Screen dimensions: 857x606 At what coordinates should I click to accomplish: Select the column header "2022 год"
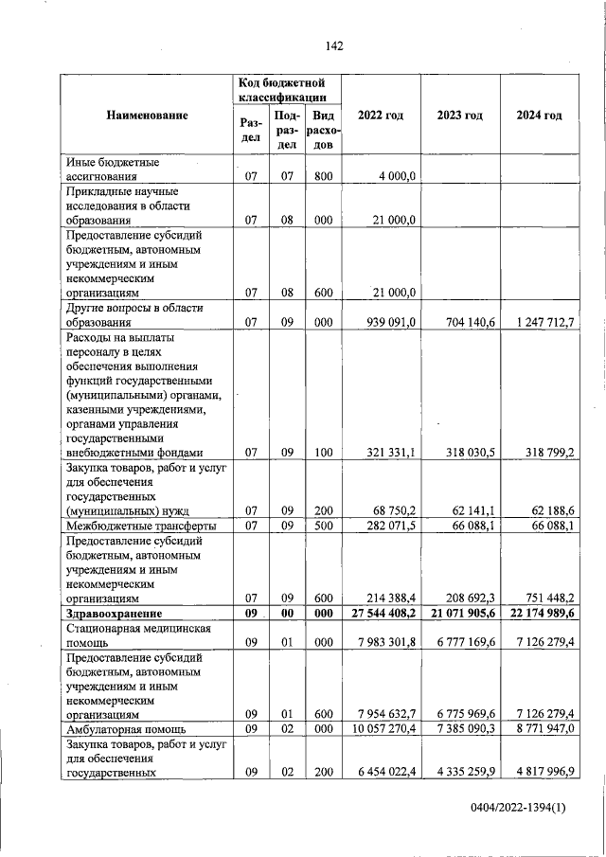tap(381, 116)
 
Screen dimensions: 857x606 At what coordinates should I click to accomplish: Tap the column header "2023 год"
tap(460, 116)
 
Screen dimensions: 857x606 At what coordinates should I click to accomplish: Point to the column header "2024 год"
tap(539, 116)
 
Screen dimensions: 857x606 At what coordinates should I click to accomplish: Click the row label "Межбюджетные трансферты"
tap(140, 526)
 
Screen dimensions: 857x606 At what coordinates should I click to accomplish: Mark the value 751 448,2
tap(549, 598)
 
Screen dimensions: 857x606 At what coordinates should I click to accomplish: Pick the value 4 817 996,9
tap(546, 773)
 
